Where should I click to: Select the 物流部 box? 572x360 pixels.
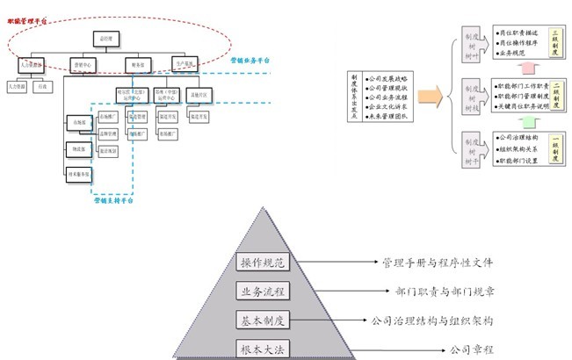[x=79, y=148]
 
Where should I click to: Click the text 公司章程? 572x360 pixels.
[x=473, y=349]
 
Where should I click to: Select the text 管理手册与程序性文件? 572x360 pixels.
[x=438, y=263]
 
